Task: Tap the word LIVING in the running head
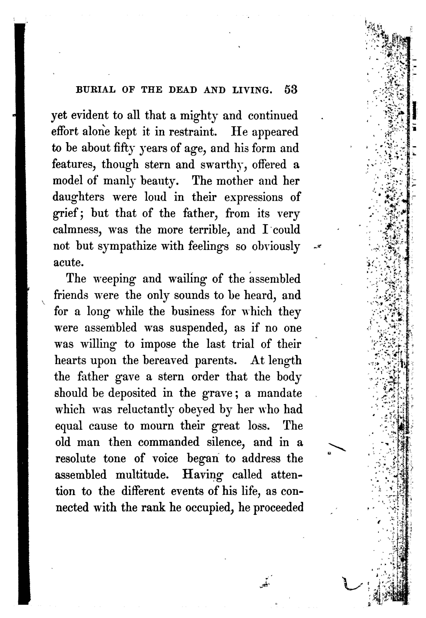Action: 253,90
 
